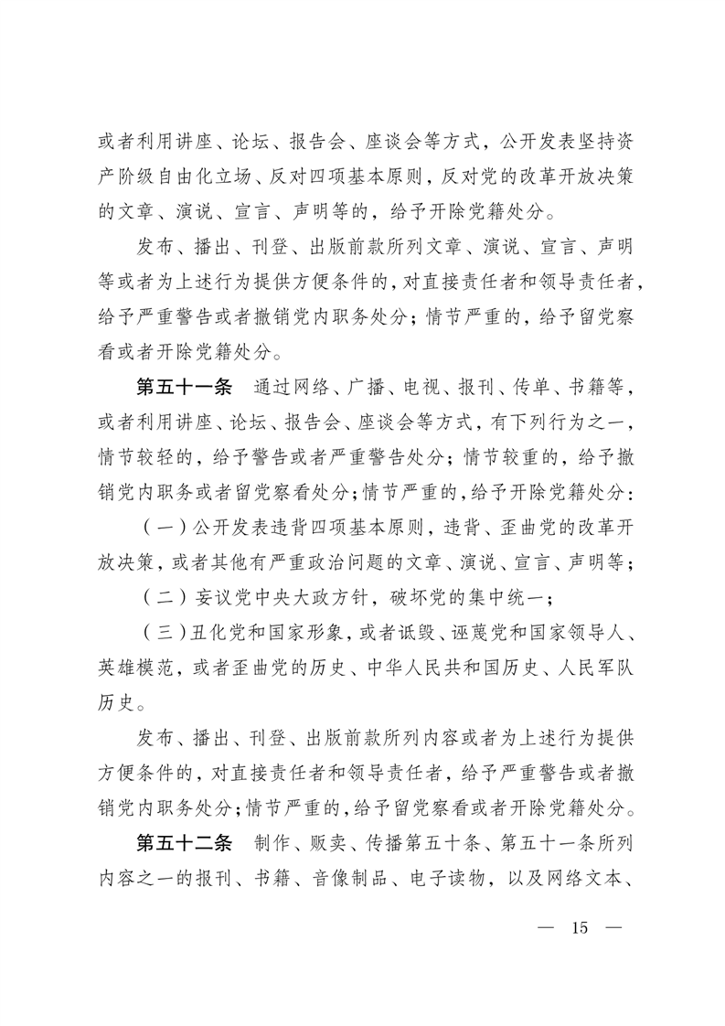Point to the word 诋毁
(413, 634)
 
